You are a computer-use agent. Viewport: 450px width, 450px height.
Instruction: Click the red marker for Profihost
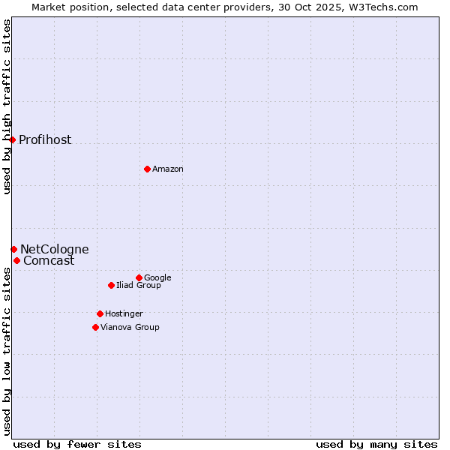12,139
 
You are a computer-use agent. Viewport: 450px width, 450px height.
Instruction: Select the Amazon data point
147,169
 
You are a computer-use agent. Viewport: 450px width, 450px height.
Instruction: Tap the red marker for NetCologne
13,249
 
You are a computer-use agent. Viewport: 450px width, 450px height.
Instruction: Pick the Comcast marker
16,260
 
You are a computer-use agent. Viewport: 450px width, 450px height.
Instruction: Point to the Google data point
139,277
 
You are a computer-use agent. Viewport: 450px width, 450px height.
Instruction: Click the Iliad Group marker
111,285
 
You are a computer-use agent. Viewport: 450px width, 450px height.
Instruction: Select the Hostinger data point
100,313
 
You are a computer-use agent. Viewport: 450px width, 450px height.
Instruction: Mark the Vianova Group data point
95,327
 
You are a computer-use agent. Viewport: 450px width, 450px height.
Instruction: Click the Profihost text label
45,140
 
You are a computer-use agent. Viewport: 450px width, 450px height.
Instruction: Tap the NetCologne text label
54,250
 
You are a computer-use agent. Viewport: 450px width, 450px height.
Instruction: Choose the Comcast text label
49,261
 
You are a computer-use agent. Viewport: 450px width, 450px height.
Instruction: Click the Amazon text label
168,169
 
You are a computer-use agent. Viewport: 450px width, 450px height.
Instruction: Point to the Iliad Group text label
139,286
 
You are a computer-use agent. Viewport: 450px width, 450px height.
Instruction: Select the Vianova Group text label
130,328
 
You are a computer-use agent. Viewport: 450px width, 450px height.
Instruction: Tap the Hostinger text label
124,314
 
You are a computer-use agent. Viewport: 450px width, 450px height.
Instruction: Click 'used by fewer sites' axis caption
77,444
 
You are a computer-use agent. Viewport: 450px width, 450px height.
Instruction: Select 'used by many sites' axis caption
376,444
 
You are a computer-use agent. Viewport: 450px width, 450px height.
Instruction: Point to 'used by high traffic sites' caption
7,106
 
